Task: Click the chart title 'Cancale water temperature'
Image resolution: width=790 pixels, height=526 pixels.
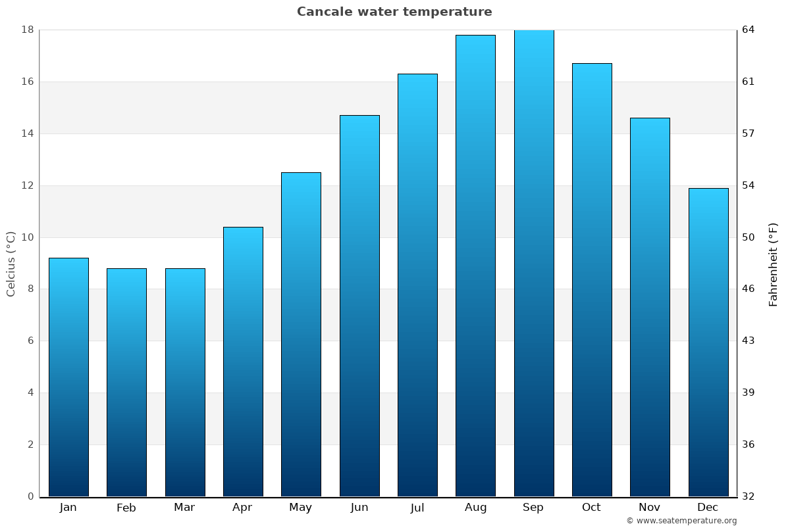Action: pos(394,12)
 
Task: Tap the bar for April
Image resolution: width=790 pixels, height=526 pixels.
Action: pos(243,362)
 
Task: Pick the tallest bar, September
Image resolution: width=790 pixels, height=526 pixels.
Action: pos(534,263)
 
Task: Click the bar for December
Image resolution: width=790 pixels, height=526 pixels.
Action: pos(708,342)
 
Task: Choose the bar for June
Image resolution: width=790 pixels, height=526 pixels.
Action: pos(359,306)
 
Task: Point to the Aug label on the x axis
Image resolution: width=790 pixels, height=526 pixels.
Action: pos(475,508)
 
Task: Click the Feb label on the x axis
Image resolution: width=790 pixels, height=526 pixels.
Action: pos(126,508)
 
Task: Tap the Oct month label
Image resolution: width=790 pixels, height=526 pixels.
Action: pos(591,508)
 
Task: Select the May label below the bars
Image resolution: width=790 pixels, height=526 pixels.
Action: pos(301,508)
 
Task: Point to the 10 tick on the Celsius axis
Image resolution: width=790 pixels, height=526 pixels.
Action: pos(28,237)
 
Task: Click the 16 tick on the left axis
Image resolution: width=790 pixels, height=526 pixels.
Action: pos(28,82)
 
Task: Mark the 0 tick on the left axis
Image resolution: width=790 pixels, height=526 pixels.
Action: pos(30,496)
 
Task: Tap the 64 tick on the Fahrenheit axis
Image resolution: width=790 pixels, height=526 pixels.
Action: pos(749,30)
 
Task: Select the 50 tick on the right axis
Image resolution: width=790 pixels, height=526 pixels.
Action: pos(749,237)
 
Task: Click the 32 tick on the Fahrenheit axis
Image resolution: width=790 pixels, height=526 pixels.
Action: pos(749,496)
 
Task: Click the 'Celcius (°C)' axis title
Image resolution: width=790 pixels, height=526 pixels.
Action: pos(11,264)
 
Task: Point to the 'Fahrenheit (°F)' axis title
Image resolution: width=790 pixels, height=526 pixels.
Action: pos(774,264)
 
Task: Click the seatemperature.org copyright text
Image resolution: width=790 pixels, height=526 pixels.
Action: pos(681,521)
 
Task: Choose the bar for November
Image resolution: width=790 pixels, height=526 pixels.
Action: pos(650,307)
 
